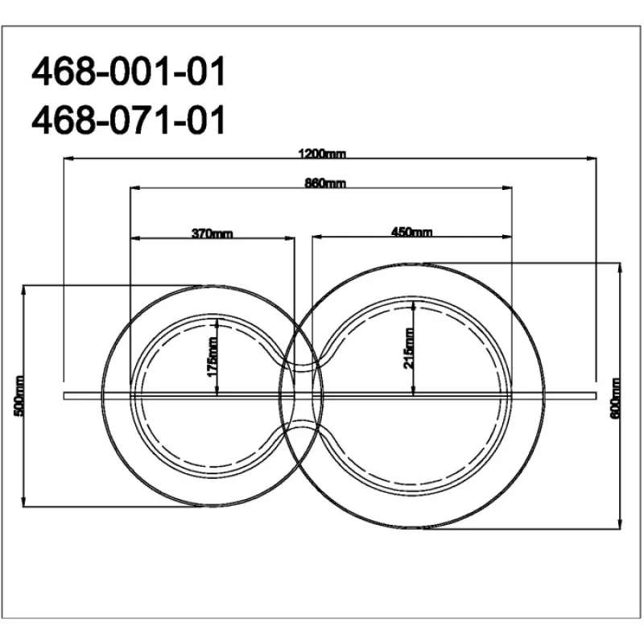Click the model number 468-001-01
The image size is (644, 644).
tap(129, 71)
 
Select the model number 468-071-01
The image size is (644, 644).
tap(129, 119)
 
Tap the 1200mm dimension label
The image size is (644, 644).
tap(323, 154)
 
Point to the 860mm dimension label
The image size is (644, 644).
tap(325, 183)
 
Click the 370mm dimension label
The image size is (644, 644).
tap(213, 233)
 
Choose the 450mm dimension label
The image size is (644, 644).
tap(411, 232)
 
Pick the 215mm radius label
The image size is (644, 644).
tap(408, 349)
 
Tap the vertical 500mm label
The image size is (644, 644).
tap(19, 395)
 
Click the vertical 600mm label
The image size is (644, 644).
tap(615, 398)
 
